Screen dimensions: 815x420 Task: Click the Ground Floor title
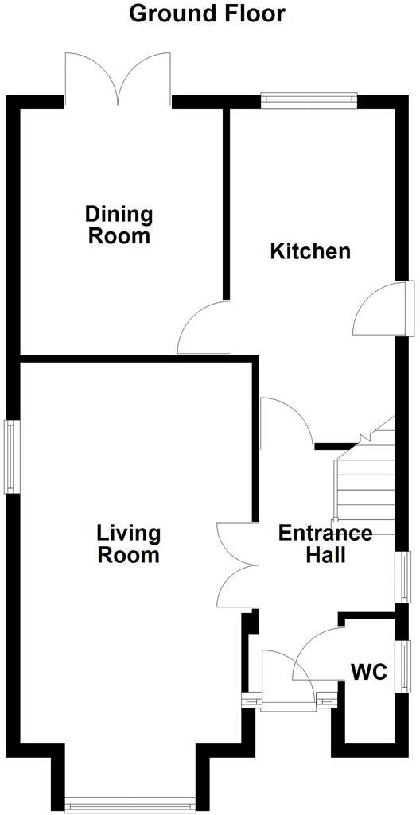pos(207,14)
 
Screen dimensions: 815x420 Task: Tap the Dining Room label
pos(119,225)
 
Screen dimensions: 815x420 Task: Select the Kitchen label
pos(310,252)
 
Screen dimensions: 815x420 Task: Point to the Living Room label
pos(129,544)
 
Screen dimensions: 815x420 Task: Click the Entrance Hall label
pos(325,544)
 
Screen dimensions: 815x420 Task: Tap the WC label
pos(369,673)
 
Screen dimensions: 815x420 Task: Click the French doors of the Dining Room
pos(119,80)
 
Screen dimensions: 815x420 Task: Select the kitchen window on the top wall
pos(309,99)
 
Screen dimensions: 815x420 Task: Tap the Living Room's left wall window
pos(12,456)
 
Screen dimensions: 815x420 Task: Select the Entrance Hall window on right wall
pos(404,576)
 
